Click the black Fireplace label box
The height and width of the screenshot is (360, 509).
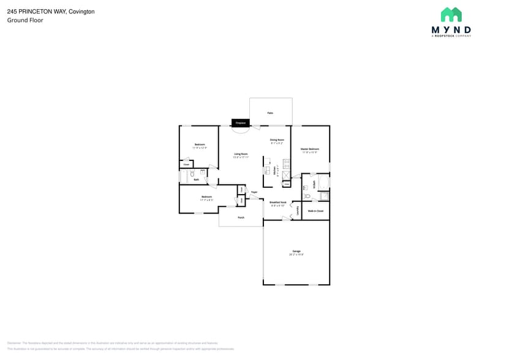[x=240, y=123]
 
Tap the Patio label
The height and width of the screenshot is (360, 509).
[x=270, y=113]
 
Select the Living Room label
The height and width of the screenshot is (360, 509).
[x=241, y=154]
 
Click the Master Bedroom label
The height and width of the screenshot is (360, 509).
[x=310, y=149]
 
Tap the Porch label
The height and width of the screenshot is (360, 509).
[x=241, y=217]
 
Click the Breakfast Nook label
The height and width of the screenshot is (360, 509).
[x=278, y=203]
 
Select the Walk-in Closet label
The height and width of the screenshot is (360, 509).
[x=315, y=211]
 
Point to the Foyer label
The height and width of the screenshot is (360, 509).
[x=254, y=192]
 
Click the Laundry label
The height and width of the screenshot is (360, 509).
[x=297, y=210]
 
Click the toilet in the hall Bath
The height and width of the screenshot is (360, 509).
[x=192, y=174]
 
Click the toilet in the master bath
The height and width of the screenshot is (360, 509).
[x=307, y=197]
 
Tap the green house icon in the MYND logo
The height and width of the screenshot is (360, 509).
[x=451, y=15]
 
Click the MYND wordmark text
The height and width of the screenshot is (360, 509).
[x=451, y=29]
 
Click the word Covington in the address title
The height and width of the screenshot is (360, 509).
[x=81, y=12]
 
